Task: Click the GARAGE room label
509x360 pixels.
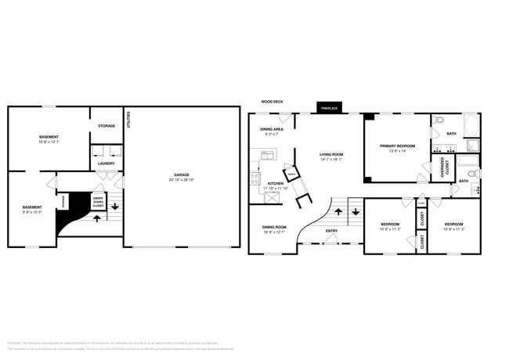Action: pos(182,175)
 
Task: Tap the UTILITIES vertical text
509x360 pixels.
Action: pos(129,118)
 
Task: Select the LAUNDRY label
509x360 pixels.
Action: pos(106,164)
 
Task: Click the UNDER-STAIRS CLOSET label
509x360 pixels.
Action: pos(98,202)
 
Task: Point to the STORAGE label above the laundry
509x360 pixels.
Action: pos(106,126)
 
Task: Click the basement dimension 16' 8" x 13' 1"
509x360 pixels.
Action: pos(49,142)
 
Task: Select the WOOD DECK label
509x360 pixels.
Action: pos(272,102)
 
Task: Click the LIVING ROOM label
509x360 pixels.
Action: pos(331,154)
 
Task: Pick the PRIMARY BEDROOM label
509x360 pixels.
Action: pos(397,146)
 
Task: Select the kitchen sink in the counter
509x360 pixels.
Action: pos(266,155)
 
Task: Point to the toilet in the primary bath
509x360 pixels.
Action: pos(439,121)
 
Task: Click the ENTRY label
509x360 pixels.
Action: pos(331,230)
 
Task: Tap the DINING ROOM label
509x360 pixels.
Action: pos(273,228)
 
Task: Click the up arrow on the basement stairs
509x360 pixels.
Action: pos(97,218)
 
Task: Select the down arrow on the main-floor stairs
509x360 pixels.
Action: pos(355,211)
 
